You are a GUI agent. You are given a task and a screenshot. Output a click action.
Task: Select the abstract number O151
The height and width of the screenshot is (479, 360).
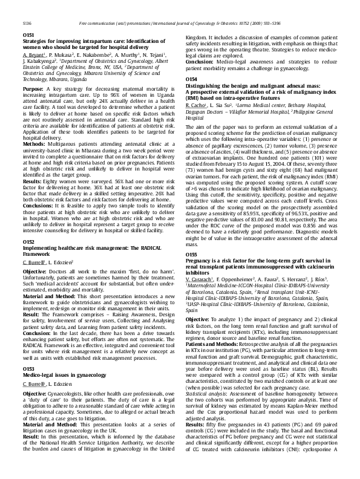pyautogui.click(x=28, y=36)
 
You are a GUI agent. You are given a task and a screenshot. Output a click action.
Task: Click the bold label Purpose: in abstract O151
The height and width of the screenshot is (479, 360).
pyautogui.click(x=33, y=89)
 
